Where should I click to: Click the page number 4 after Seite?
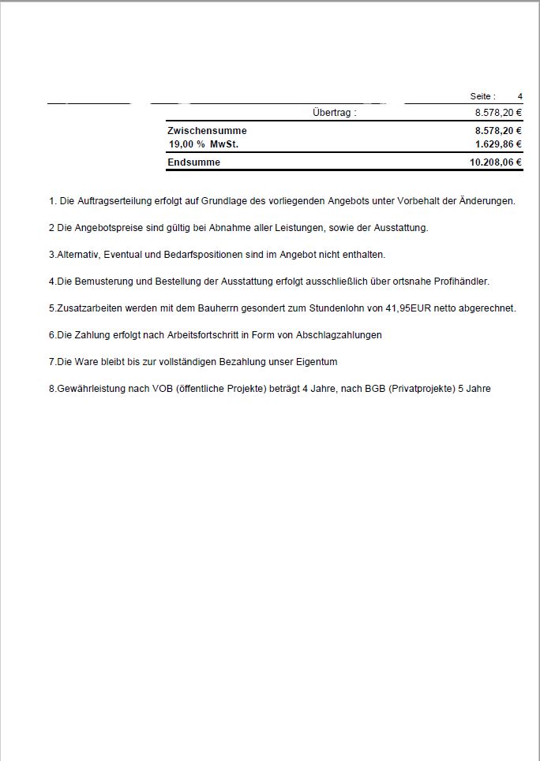point(520,96)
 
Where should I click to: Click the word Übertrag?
point(331,113)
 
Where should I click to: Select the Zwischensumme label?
point(207,130)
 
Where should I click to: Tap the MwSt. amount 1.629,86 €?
point(498,144)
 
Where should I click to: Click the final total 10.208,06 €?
point(496,162)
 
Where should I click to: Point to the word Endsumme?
point(193,162)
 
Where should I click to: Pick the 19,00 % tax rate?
point(186,144)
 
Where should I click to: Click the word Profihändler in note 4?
point(462,282)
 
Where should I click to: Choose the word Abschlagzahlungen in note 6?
point(341,335)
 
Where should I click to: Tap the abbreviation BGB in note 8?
point(373,389)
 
